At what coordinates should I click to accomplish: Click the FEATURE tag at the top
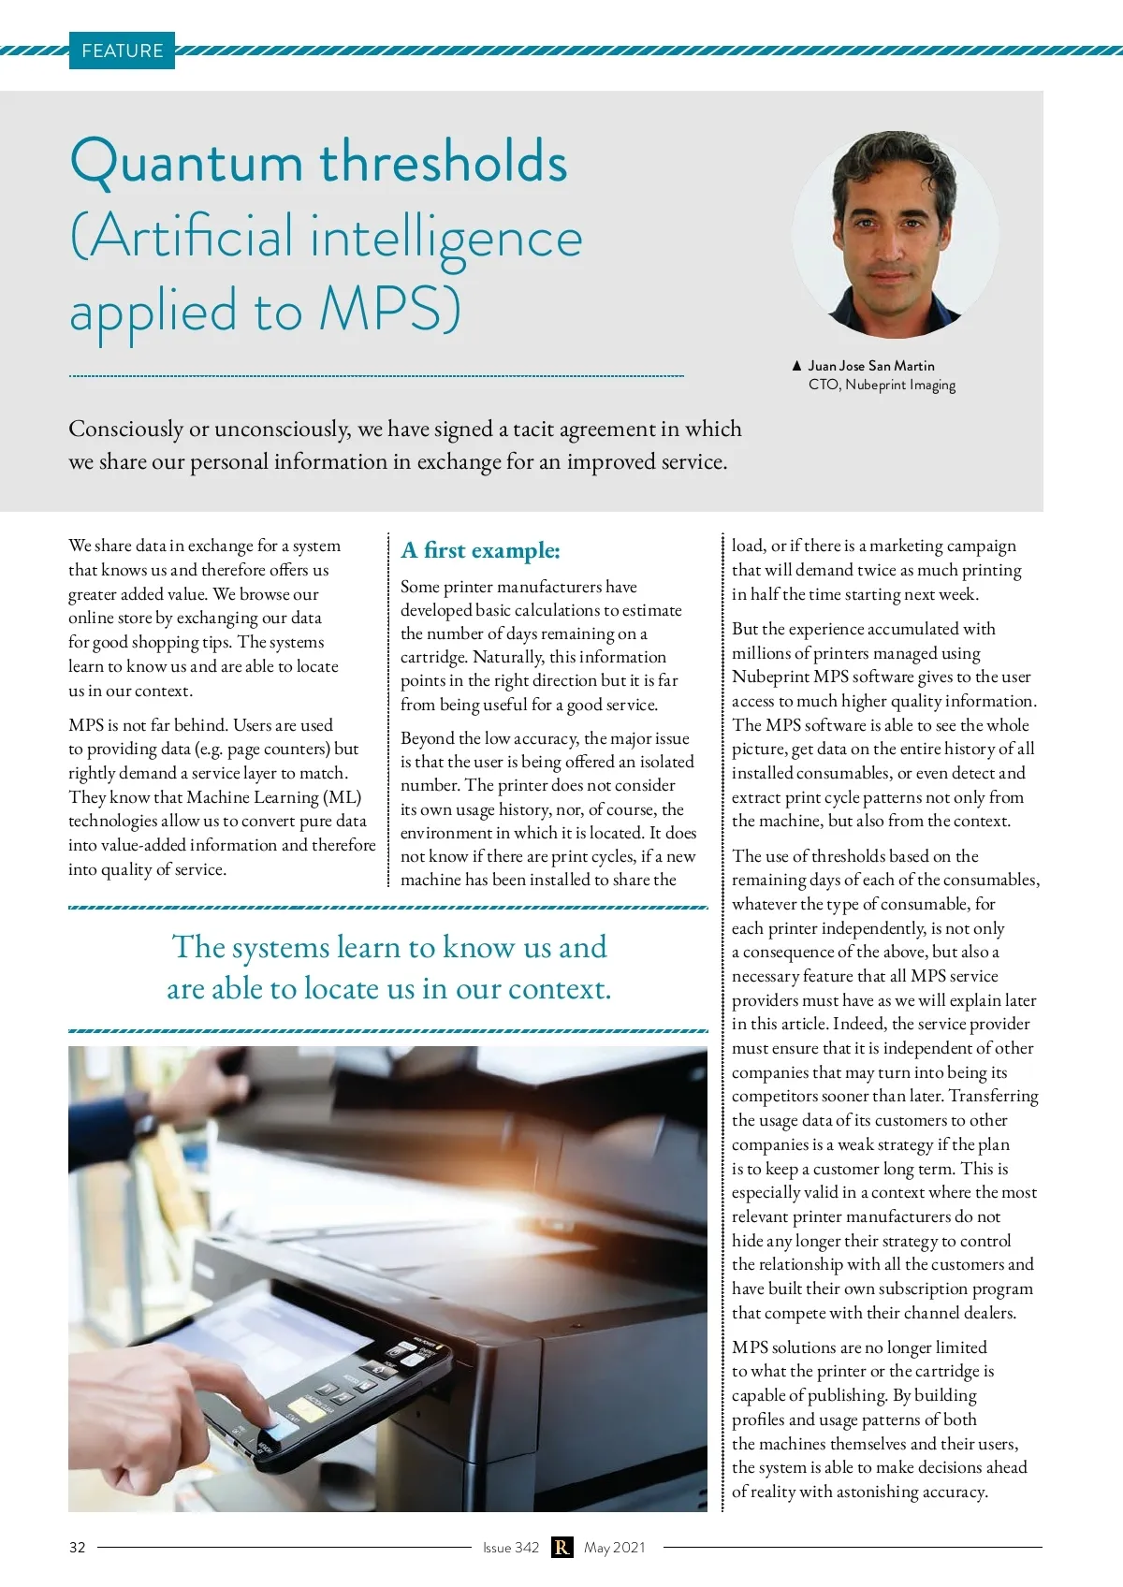pyautogui.click(x=122, y=51)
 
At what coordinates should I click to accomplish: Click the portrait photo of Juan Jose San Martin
pyautogui.click(x=895, y=234)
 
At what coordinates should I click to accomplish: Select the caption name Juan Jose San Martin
pyautogui.click(x=870, y=366)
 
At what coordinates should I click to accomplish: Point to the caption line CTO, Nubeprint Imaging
pyautogui.click(x=882, y=385)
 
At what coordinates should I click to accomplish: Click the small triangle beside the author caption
pyautogui.click(x=796, y=366)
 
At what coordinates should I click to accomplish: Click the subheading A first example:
pyautogui.click(x=480, y=550)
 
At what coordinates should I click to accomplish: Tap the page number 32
pyautogui.click(x=78, y=1548)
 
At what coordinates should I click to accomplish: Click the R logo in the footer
pyautogui.click(x=561, y=1548)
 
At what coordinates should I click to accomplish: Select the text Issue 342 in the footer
pyautogui.click(x=511, y=1548)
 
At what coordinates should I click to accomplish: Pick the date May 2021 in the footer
pyautogui.click(x=615, y=1548)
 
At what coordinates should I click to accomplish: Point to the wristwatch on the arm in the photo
pyautogui.click(x=142, y=1114)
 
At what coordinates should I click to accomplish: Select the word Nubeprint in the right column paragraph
pyautogui.click(x=770, y=677)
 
